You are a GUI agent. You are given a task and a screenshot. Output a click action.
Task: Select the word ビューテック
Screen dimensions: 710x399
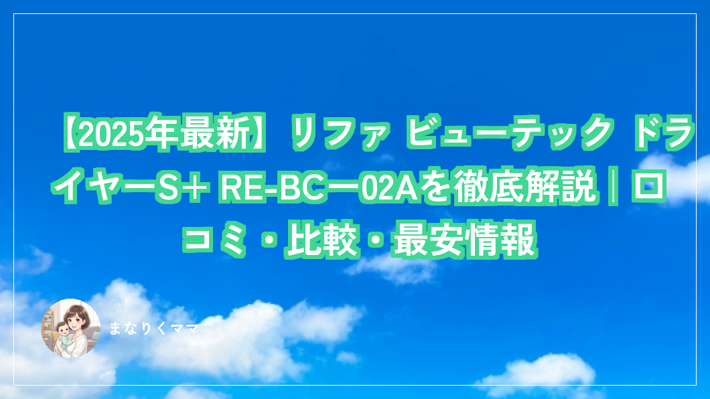[x=510, y=133]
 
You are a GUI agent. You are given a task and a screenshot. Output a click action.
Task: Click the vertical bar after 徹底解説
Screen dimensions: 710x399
[x=614, y=186]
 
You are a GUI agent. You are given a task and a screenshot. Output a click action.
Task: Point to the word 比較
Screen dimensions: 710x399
[x=322, y=239]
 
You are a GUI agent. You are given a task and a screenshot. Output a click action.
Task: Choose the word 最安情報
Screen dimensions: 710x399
[x=465, y=239]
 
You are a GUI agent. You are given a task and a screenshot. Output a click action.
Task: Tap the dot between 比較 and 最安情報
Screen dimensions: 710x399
[x=376, y=240]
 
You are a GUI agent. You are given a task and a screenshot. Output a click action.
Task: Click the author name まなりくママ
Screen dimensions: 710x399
[x=154, y=329]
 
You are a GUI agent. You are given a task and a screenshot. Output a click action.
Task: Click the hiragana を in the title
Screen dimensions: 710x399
[x=435, y=186]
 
